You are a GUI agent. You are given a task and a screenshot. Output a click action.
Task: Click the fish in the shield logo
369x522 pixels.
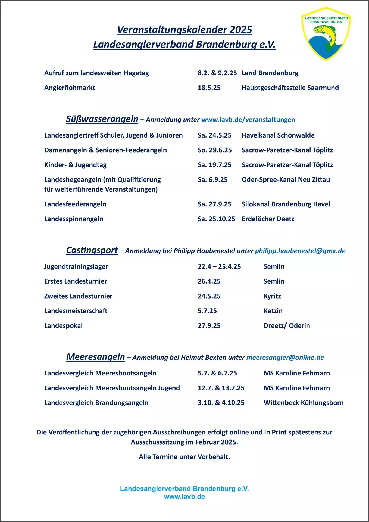(328, 34)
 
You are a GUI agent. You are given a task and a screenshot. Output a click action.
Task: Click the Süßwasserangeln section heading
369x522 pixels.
(102, 119)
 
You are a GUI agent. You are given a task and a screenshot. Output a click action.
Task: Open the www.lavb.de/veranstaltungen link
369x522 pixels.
(248, 120)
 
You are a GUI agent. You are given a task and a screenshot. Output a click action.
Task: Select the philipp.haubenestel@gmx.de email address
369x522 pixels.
(300, 251)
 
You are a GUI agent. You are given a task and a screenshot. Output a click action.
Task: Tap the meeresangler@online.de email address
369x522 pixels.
(285, 358)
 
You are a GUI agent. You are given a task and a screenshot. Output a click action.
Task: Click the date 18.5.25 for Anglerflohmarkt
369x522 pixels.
(209, 88)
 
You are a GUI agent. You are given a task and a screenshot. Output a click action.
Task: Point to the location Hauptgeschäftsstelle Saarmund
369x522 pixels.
(290, 88)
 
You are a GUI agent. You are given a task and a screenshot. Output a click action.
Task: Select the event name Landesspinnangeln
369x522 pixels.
(74, 219)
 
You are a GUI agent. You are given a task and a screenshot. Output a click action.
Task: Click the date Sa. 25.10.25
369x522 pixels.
(216, 219)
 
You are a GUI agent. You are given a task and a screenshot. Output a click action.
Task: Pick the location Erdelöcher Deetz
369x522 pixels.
(268, 219)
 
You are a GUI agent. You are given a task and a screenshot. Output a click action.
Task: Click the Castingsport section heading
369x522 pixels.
(92, 250)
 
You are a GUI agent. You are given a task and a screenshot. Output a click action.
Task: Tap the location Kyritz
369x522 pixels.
(272, 296)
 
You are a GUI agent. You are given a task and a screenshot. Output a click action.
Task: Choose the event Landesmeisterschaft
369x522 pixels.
(76, 311)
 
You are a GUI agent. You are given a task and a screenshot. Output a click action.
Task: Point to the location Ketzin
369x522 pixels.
(273, 311)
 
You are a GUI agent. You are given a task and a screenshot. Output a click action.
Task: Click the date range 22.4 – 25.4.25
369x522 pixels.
(219, 267)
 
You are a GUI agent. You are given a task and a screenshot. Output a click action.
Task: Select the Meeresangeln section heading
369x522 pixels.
(95, 357)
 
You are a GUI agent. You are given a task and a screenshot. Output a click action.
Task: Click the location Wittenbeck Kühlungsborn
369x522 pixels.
(303, 403)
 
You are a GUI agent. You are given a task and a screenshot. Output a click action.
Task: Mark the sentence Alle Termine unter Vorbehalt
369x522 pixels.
(184, 457)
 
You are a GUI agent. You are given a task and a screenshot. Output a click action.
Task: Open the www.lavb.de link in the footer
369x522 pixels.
(184, 497)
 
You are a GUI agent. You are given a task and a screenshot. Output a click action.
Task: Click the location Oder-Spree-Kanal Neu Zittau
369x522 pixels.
(286, 180)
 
